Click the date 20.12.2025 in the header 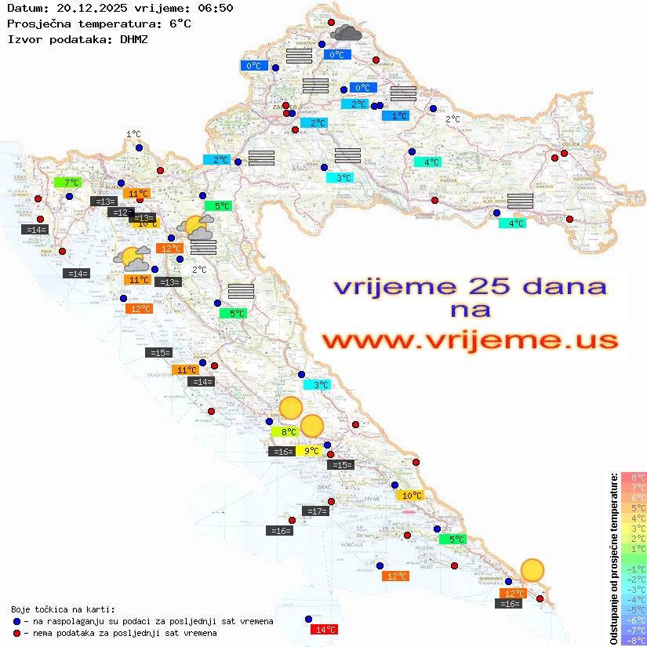tap(89, 9)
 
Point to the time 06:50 tap(216, 9)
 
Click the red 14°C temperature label tap(325, 630)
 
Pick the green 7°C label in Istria tap(68, 183)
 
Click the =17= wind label tap(314, 511)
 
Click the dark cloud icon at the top tap(346, 33)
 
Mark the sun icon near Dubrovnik tap(533, 570)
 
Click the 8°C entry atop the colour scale tap(634, 478)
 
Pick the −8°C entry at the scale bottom tap(634, 641)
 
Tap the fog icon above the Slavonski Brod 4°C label tap(520, 200)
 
